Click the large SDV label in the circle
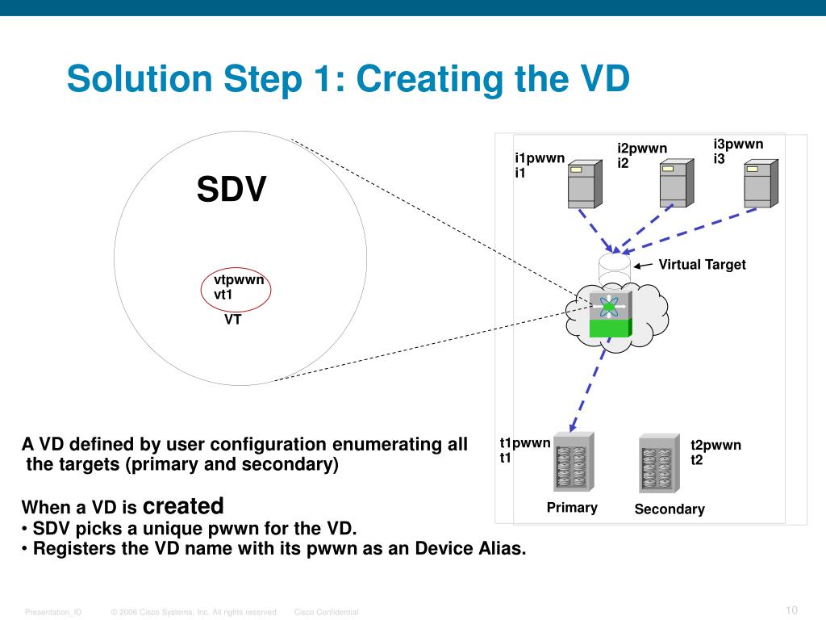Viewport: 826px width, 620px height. pyautogui.click(x=232, y=191)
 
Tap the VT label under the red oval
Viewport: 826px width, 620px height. pyautogui.click(x=233, y=320)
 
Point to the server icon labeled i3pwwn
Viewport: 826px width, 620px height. pyautogui.click(x=761, y=183)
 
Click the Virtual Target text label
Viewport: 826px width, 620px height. pyautogui.click(x=702, y=265)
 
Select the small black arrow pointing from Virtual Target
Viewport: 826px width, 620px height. pyautogui.click(x=644, y=266)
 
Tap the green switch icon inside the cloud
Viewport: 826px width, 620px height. pyautogui.click(x=611, y=316)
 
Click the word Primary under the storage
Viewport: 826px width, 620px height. pyautogui.click(x=572, y=508)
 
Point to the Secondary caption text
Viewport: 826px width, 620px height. pyautogui.click(x=670, y=509)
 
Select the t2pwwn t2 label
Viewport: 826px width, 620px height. pyautogui.click(x=715, y=453)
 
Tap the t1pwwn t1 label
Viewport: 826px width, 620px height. pyautogui.click(x=524, y=450)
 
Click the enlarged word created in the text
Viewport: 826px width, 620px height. pyautogui.click(x=183, y=506)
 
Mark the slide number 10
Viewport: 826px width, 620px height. pyautogui.click(x=791, y=610)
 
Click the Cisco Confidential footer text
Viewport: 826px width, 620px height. pyautogui.click(x=326, y=613)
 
